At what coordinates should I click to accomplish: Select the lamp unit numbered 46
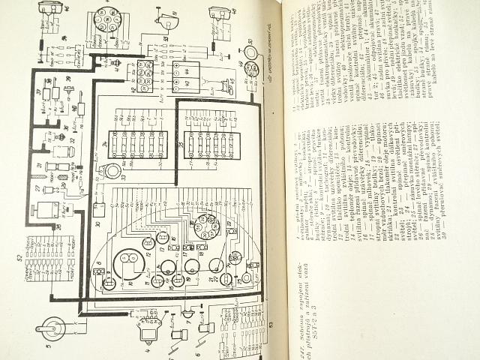(51, 9)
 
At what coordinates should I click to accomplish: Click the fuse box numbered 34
(137, 143)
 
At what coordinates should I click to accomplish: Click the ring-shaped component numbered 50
(251, 52)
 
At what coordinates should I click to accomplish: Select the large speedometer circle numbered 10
(127, 263)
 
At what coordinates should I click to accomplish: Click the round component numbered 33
(112, 172)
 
